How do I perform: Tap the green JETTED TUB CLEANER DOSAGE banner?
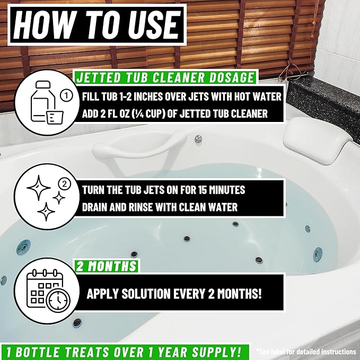pos(165,78)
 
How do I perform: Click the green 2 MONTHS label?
pos(106,266)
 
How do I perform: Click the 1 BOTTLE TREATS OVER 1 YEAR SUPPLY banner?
pos(124,351)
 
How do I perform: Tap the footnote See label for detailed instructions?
pos(306,351)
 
